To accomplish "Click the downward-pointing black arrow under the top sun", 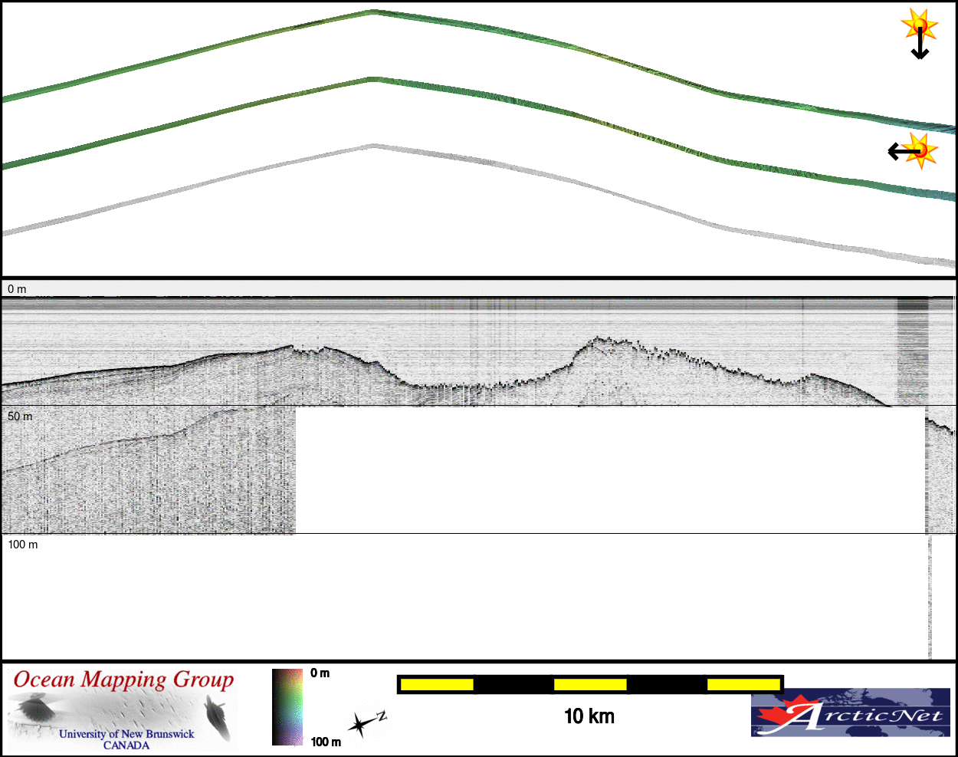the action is [x=920, y=43].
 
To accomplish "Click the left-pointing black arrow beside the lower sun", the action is [x=904, y=152].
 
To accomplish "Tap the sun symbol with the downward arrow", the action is [x=919, y=25].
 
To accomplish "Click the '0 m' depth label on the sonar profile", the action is [x=17, y=289].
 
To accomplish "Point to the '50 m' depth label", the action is [x=20, y=416].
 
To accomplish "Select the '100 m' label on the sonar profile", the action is [x=23, y=545].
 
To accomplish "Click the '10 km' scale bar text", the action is [x=589, y=716].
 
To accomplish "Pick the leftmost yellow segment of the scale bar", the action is [x=437, y=684].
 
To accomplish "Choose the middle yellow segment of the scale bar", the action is [x=590, y=684].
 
